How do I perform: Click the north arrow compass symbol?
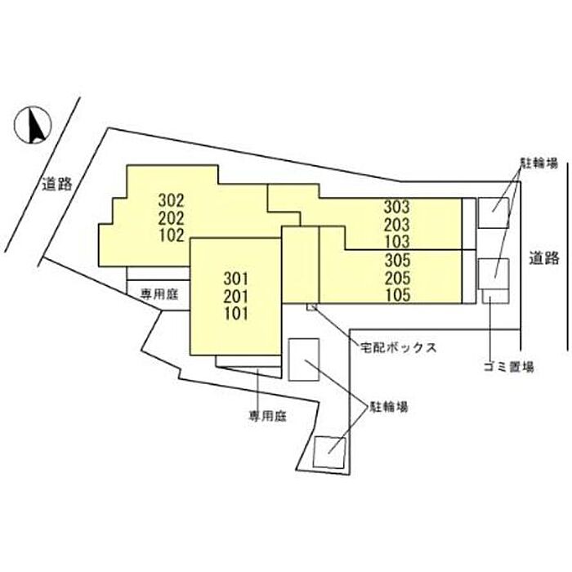coord(33,125)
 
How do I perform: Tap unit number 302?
coord(171,200)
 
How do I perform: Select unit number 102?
coord(171,235)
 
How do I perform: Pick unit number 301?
coord(236,279)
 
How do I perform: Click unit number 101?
coord(236,314)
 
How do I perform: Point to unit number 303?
coord(396,207)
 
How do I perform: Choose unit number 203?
coord(396,225)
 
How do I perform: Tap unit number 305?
coord(397,260)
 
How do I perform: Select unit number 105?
coord(397,295)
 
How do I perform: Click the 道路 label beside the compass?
coord(57,184)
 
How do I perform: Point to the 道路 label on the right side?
coord(544,258)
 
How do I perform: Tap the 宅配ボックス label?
coord(399,347)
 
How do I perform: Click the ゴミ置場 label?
coord(508,366)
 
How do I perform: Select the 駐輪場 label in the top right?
coord(538,163)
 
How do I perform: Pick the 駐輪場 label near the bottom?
coord(389,406)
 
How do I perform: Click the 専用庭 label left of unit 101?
coord(159,294)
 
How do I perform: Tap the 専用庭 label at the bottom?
coord(267,416)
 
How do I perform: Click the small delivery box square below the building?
coord(312,307)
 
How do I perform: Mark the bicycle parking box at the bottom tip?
coord(329,453)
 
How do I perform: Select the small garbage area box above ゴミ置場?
coord(495,296)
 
